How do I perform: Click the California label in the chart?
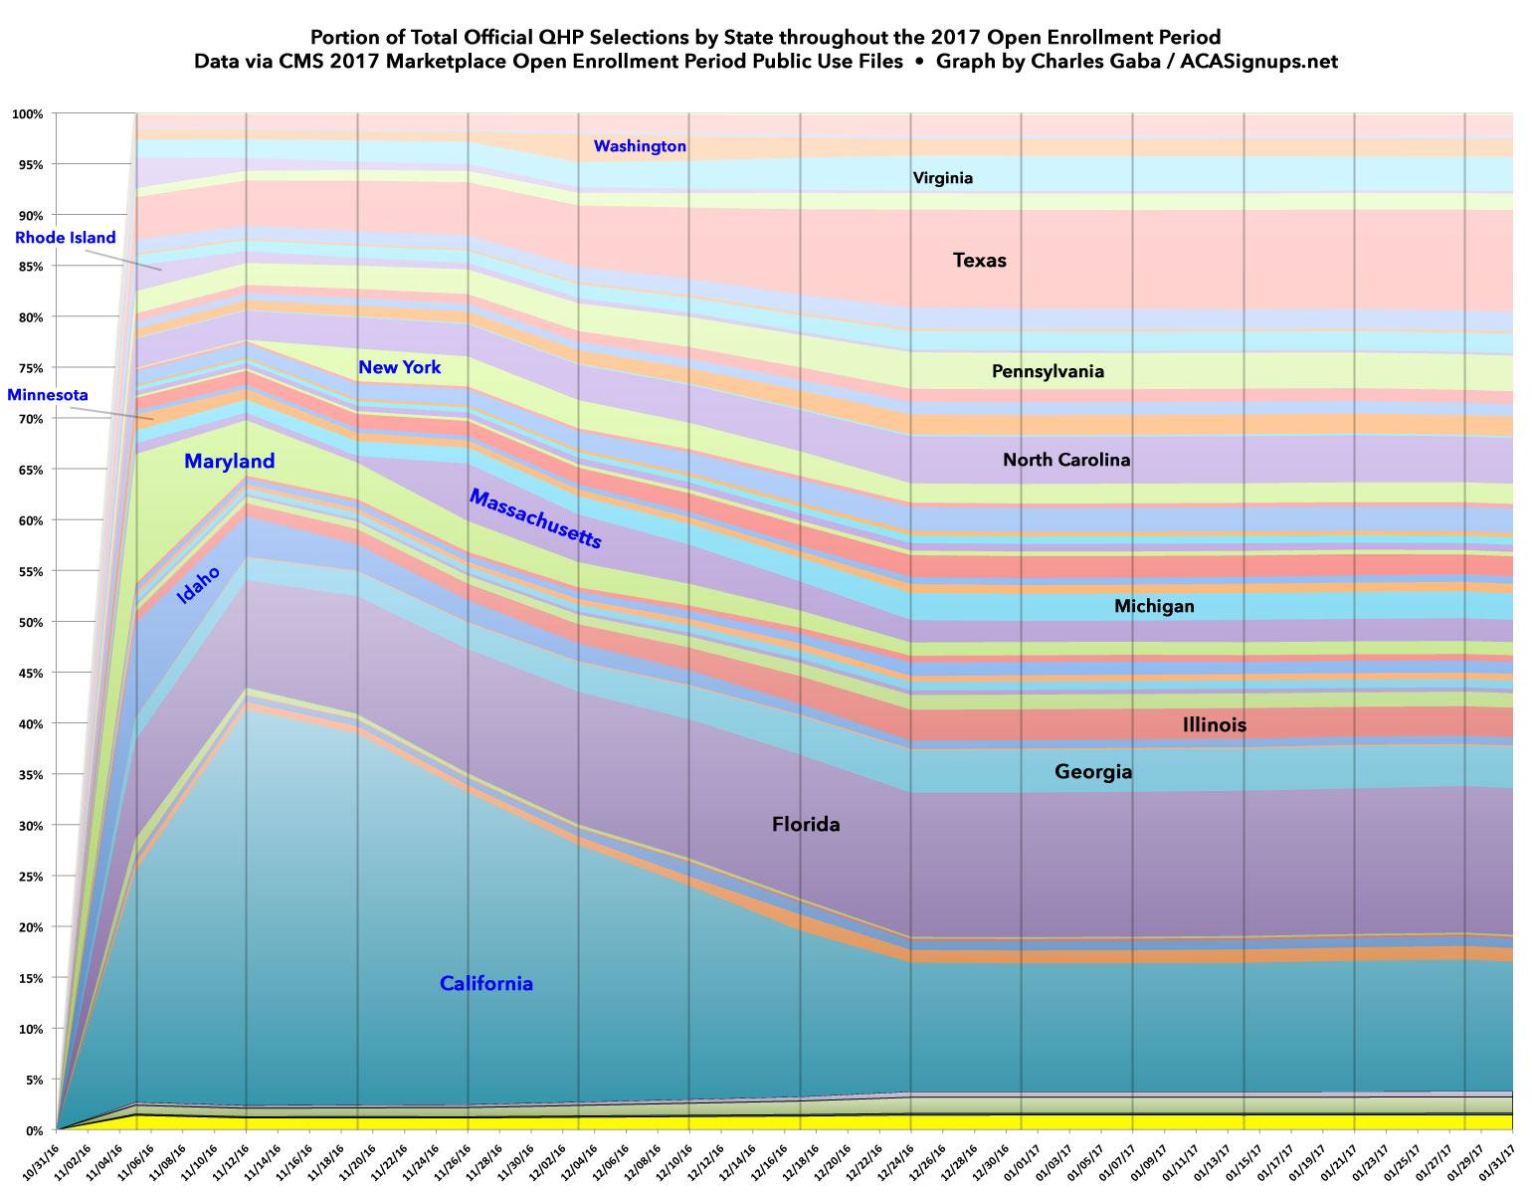[486, 984]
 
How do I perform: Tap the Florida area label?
[806, 824]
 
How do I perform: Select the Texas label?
[980, 261]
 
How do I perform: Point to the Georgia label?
[1093, 771]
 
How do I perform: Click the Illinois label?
[1214, 724]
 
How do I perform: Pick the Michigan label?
[1154, 606]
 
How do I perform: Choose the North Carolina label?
[1066, 460]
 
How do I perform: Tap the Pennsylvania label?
[1048, 372]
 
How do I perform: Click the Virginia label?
[942, 179]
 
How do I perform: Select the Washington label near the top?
[640, 146]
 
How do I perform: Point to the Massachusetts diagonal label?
[535, 519]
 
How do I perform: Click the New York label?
[399, 368]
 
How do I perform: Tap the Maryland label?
[229, 462]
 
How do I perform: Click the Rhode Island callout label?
[66, 238]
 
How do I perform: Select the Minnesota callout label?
[49, 394]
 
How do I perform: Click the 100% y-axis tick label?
[27, 114]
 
